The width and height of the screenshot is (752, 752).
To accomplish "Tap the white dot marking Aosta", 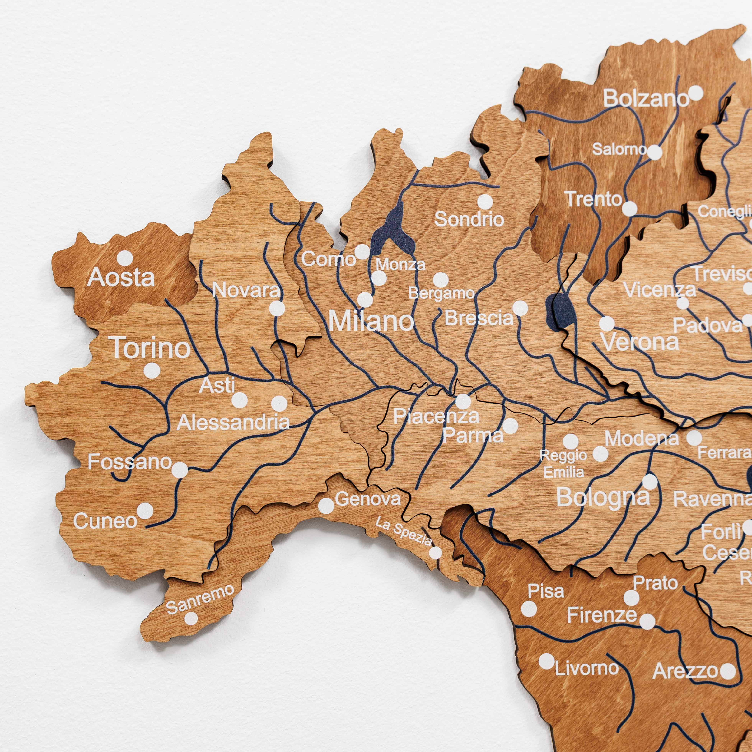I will (x=124, y=258).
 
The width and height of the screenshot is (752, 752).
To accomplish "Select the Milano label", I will (x=371, y=321).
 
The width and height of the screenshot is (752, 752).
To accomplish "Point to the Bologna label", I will (x=603, y=497).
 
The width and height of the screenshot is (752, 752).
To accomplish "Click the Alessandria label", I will (x=234, y=422).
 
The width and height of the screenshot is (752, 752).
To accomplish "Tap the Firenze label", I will (x=602, y=615).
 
